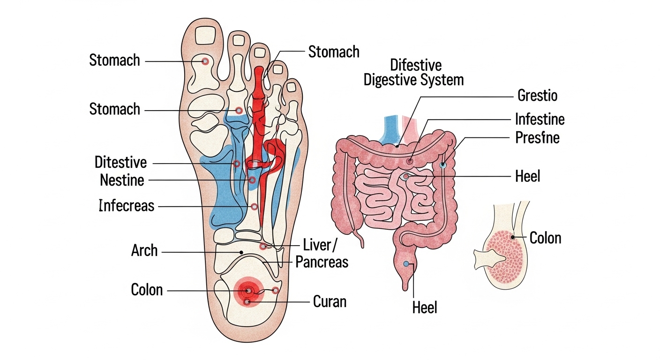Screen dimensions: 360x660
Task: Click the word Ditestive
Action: (x=120, y=163)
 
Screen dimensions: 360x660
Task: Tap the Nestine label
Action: (x=122, y=180)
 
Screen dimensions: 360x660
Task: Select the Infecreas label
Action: (x=127, y=205)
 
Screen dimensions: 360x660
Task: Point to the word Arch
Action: (x=144, y=251)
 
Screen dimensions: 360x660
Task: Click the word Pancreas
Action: (x=322, y=262)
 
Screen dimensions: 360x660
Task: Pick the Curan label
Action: (x=330, y=301)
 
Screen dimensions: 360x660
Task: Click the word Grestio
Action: (x=537, y=96)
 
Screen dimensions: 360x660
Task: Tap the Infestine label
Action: (x=540, y=119)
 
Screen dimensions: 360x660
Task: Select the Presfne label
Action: (x=537, y=138)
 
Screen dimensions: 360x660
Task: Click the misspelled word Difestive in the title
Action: (x=415, y=65)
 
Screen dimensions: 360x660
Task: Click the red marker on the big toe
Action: (x=204, y=61)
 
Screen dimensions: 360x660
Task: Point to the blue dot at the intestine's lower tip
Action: (x=406, y=264)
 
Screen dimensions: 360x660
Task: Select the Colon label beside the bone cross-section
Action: (x=545, y=238)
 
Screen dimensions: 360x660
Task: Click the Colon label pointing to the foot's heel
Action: (x=147, y=290)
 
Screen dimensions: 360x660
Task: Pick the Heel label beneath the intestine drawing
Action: (x=425, y=307)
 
